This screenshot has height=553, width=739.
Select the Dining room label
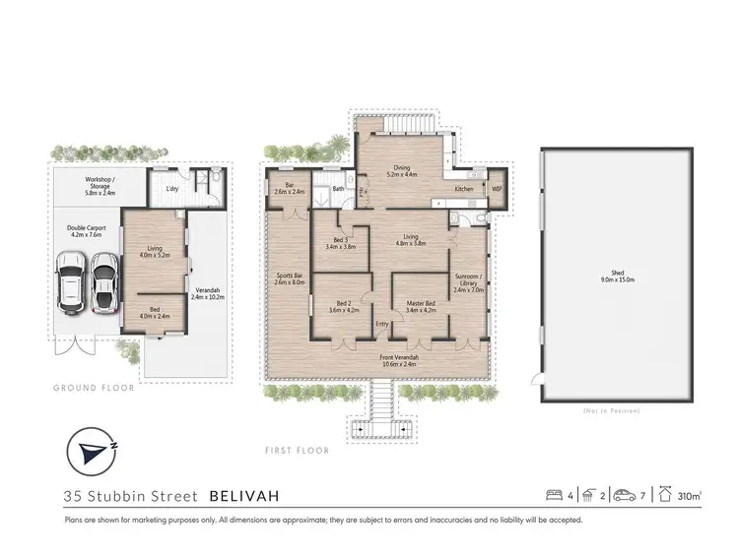pos(401,170)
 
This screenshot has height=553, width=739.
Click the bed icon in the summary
pos(557,495)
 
